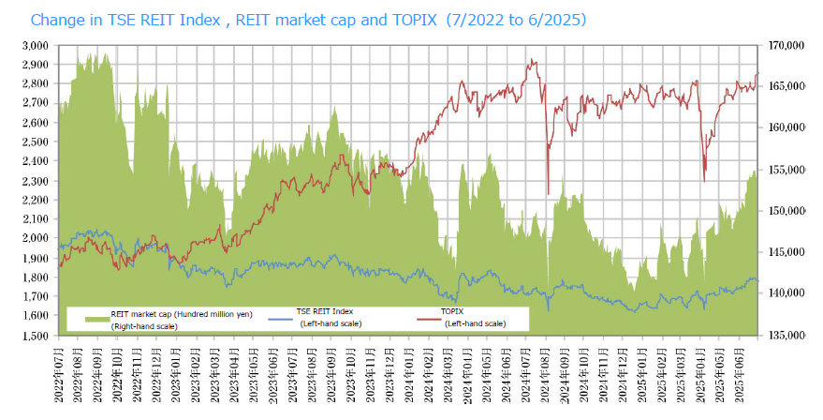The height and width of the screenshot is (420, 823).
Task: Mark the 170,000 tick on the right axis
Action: pos(785,45)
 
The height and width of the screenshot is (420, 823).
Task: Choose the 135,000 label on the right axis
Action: pos(785,336)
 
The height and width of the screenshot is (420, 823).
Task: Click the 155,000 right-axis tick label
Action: pos(785,170)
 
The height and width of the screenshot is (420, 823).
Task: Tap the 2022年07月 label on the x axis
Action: pos(59,376)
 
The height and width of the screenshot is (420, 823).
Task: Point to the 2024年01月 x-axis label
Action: pos(409,376)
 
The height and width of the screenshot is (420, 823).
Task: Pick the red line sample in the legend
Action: pos(427,319)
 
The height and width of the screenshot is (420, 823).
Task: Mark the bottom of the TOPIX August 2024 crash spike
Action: pos(548,194)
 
